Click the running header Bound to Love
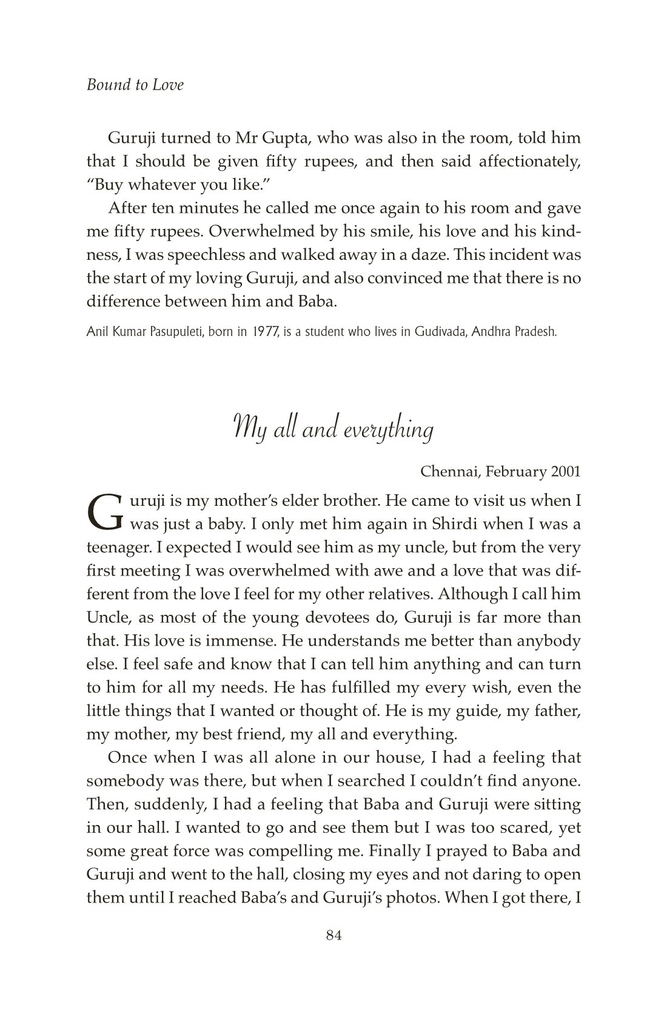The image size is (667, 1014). (x=135, y=85)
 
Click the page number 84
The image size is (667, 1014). (x=334, y=935)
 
